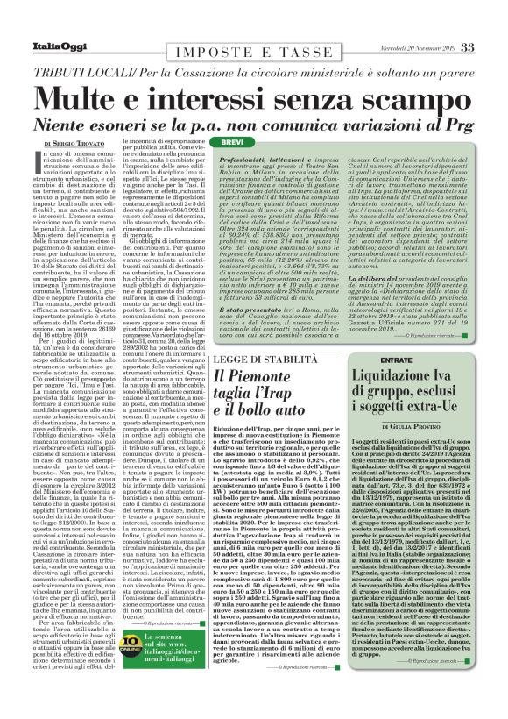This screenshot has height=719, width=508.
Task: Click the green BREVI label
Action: coord(231,141)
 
